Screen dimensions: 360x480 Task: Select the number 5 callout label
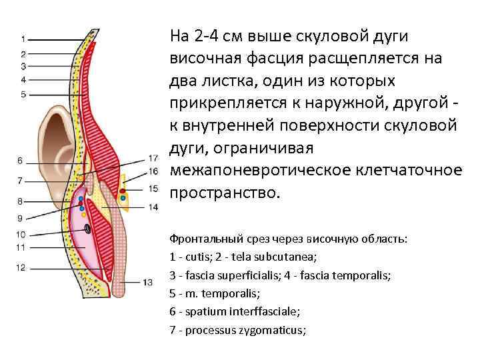23,94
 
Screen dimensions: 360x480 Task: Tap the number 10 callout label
20,234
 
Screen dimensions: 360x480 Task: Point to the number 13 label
147,283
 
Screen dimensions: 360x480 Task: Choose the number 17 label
153,159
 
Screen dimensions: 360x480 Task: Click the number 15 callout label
153,189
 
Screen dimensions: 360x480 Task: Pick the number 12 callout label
20,267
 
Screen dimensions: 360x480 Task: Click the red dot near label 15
123,191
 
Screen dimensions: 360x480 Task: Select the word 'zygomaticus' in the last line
273,329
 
